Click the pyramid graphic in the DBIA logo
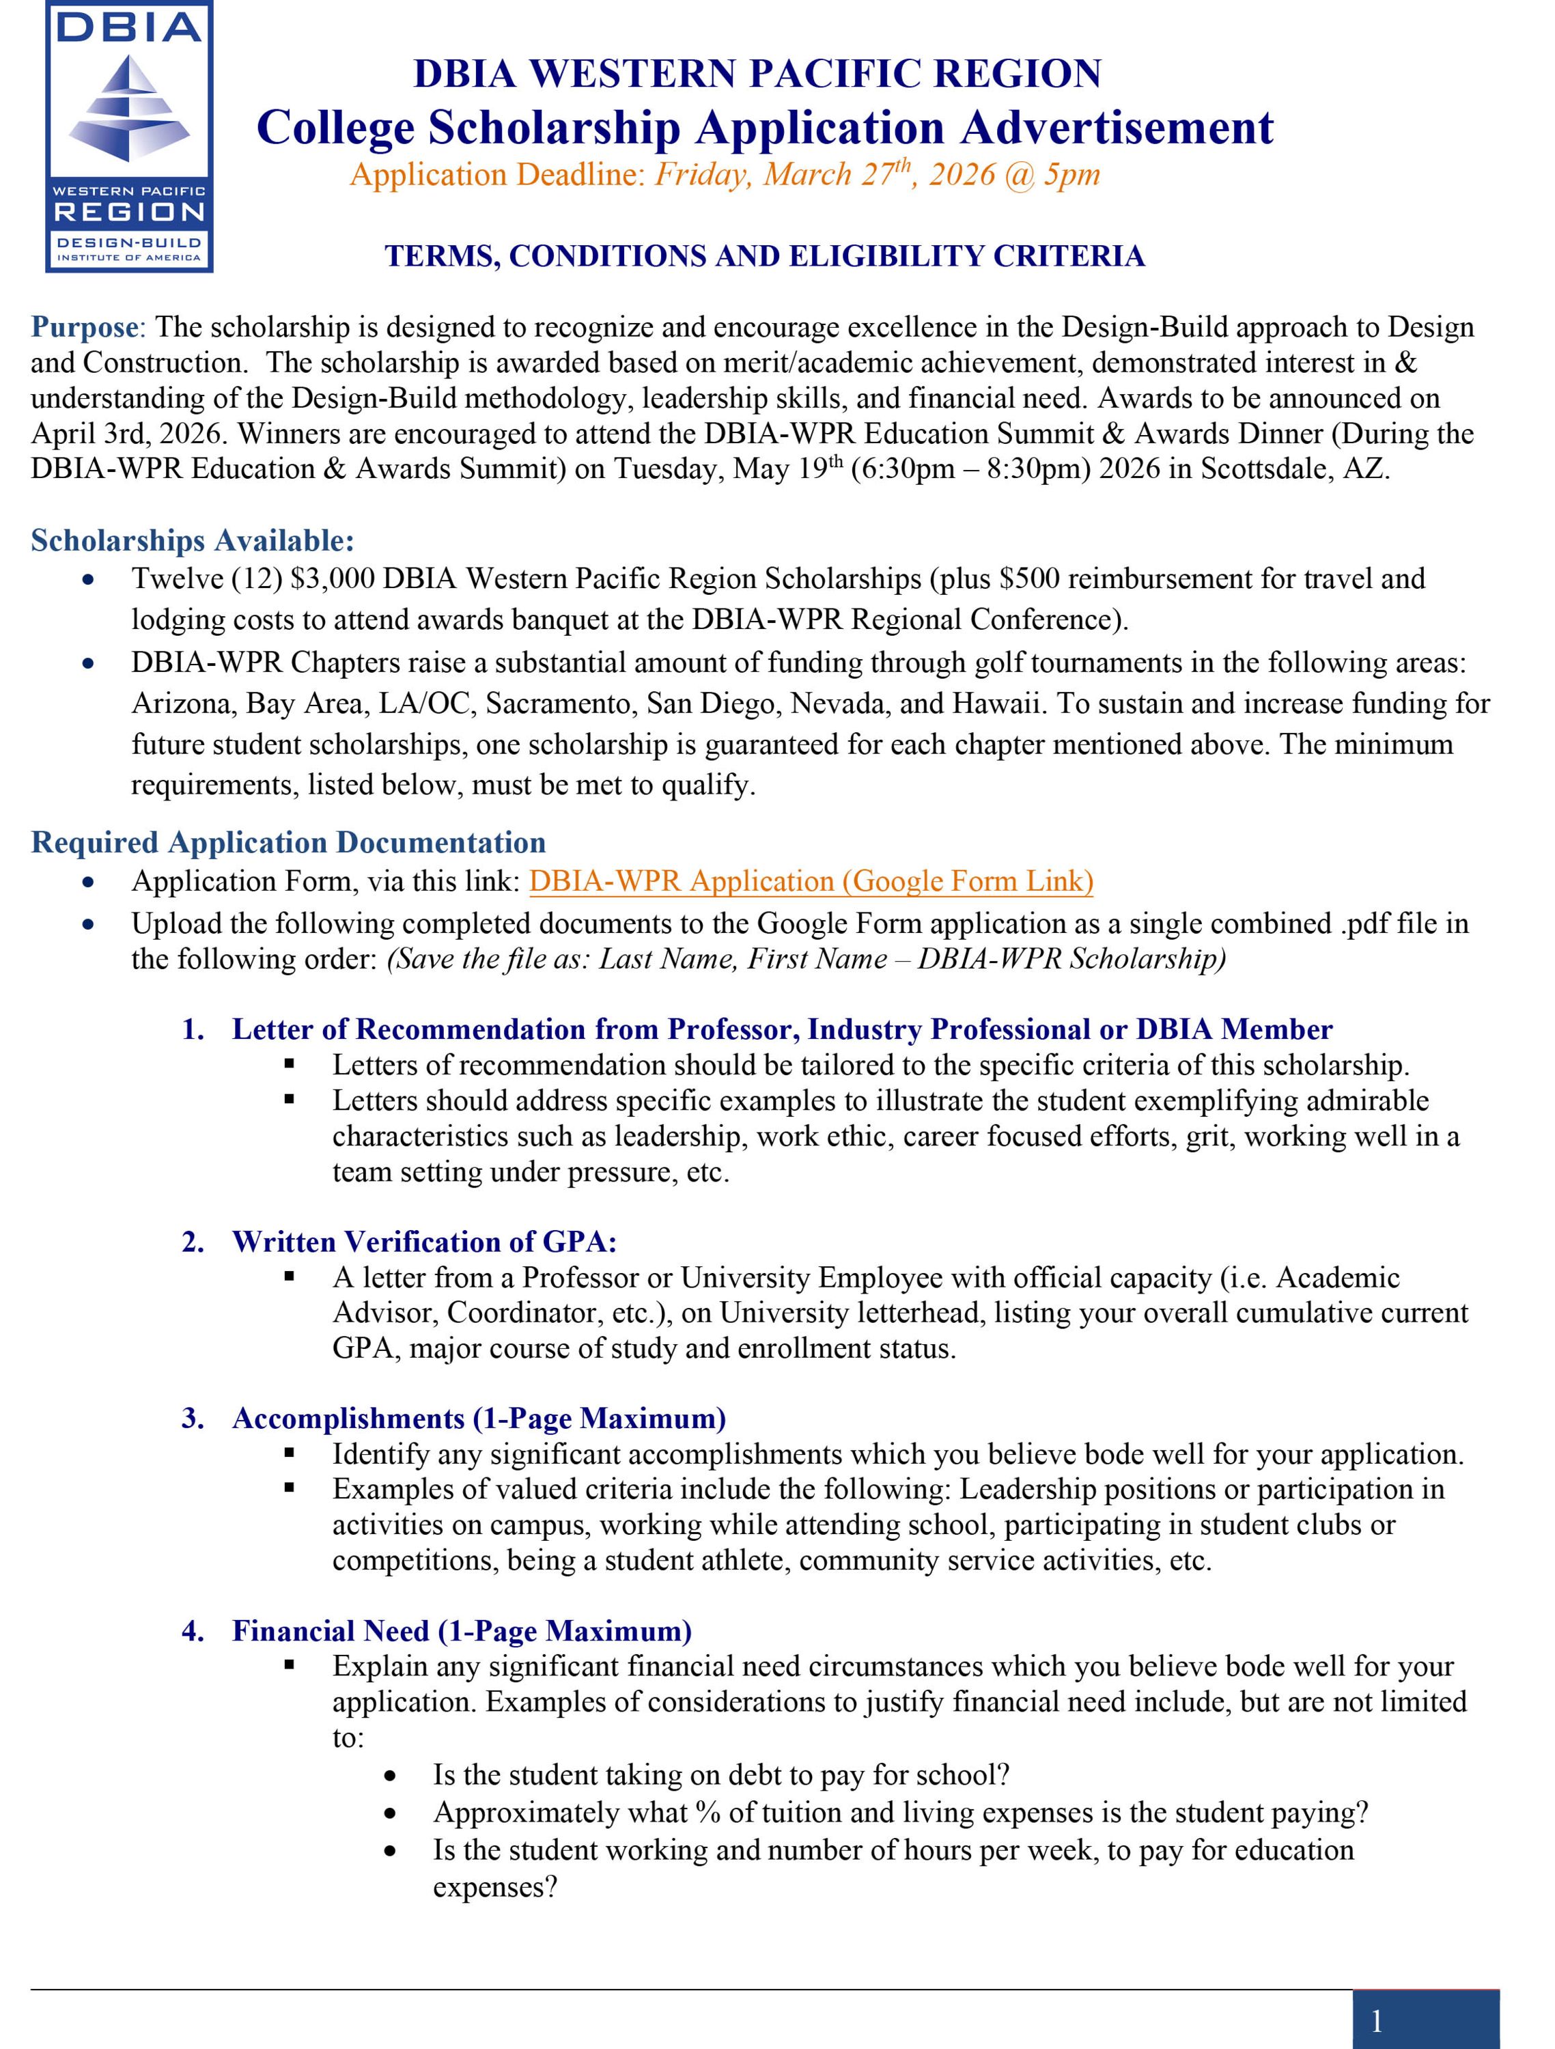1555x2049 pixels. click(x=129, y=107)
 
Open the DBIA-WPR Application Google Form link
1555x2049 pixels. click(x=811, y=881)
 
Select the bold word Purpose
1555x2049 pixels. click(x=84, y=327)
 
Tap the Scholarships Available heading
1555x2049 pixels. click(x=193, y=540)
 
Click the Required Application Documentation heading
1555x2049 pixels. click(x=288, y=842)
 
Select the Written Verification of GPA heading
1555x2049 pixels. click(x=423, y=1241)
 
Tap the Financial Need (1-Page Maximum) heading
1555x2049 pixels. click(x=461, y=1630)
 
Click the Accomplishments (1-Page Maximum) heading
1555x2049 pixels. click(x=478, y=1418)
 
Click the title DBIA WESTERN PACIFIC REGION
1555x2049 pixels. click(x=757, y=74)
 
